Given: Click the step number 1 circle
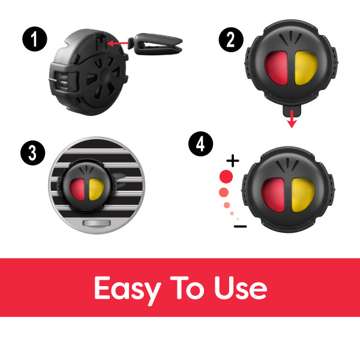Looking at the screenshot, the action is tap(35, 39).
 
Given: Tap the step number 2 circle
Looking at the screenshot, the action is tap(231, 40).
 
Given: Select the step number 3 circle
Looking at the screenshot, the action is tap(33, 152).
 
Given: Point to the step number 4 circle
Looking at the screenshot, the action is tap(200, 144).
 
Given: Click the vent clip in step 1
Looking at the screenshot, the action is tap(155, 44).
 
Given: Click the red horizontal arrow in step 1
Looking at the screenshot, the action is tap(118, 43).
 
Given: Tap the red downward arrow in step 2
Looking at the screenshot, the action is tap(292, 119).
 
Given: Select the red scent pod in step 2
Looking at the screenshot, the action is tap(276, 68).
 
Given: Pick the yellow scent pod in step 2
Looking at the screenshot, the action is tap(306, 68).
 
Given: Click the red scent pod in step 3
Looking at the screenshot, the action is tap(77, 190).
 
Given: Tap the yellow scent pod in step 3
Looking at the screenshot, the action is tap(96, 190).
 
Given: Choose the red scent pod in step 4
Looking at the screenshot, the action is tap(273, 195).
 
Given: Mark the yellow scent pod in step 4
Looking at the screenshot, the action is tap(303, 195).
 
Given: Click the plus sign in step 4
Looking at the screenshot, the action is tap(233, 160).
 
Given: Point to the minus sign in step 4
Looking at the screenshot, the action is tap(241, 227).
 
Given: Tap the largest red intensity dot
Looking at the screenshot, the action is tap(226, 176).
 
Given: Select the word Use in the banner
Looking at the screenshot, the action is tap(241, 287).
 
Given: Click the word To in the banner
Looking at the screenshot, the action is tap(187, 287).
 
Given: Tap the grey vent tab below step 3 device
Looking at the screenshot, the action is tap(97, 223).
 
